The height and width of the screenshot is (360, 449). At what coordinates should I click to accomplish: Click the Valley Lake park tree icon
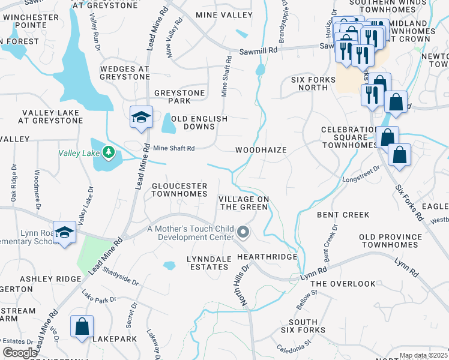point(109,152)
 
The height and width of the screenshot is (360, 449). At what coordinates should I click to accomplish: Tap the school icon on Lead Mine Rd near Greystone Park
point(141,118)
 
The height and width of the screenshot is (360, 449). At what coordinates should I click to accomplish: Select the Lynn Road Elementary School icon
point(64,233)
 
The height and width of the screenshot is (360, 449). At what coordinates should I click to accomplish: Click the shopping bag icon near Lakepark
point(82,327)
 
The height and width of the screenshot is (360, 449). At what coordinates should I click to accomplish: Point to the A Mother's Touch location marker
point(243,231)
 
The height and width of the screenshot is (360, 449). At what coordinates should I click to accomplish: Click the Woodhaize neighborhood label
point(261,150)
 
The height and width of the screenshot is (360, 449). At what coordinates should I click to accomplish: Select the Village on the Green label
point(243,203)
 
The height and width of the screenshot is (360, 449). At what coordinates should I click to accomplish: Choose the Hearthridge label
point(267,257)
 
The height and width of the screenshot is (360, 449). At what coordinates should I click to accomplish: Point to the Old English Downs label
point(200,123)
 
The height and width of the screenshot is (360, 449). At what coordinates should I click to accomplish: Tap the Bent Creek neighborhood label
point(343,214)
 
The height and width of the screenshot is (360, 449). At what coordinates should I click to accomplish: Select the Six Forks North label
point(309,83)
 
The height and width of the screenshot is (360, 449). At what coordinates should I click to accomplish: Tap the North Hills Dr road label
point(245,286)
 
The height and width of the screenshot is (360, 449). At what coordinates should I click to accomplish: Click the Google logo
point(20,353)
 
